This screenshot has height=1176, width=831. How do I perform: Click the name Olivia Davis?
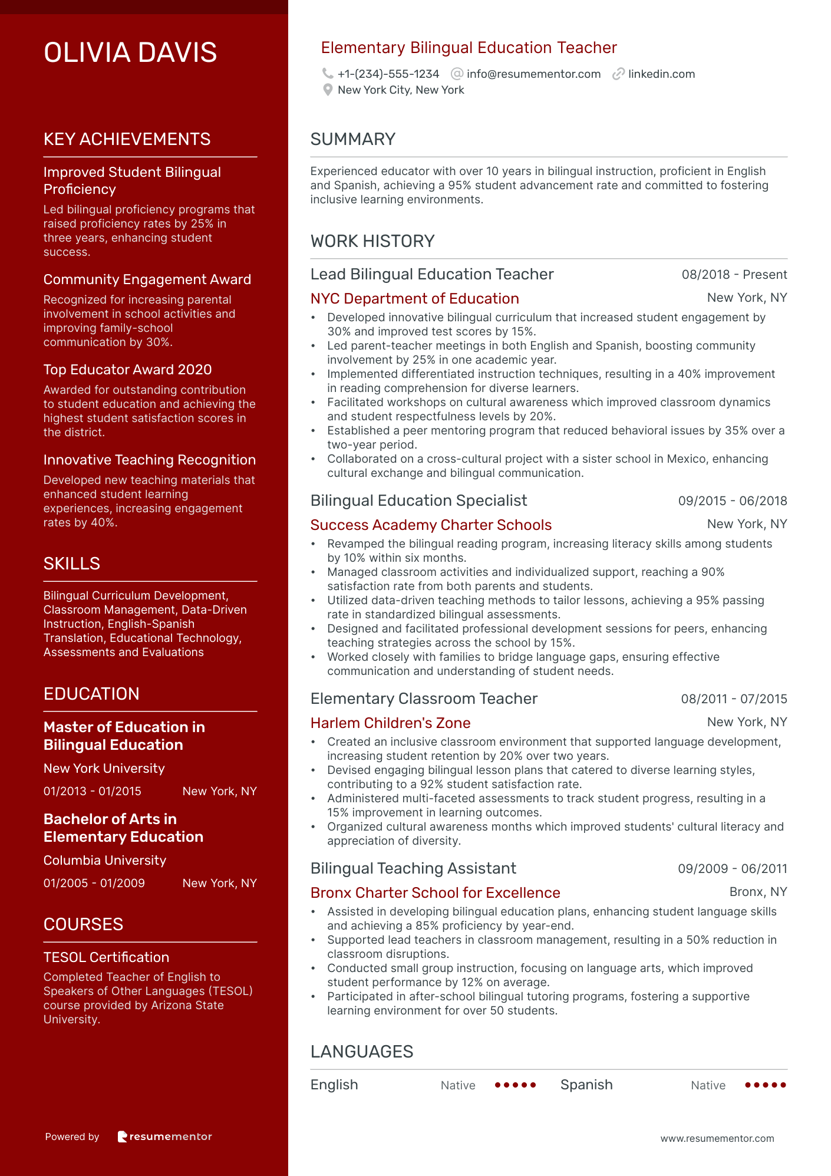tap(130, 52)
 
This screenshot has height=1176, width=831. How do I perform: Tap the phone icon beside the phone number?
tap(328, 74)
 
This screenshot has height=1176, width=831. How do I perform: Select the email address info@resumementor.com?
tap(533, 74)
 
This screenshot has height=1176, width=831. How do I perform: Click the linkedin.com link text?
tap(661, 74)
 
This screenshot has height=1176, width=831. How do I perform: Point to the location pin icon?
tap(328, 90)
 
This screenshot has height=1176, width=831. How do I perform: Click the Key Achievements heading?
tap(127, 139)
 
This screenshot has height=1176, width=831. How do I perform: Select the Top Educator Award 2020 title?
tap(127, 370)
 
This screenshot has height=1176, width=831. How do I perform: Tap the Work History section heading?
tap(372, 241)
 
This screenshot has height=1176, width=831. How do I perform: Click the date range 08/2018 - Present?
tap(734, 275)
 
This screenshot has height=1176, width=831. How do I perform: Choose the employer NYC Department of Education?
tap(414, 299)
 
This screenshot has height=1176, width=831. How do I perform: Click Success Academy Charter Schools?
tap(431, 525)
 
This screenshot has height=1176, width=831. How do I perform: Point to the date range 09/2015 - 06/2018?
tap(732, 501)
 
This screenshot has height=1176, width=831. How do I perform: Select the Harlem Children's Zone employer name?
tap(390, 723)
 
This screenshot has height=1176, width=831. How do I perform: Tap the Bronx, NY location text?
tap(758, 892)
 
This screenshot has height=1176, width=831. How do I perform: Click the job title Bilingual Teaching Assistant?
tap(413, 868)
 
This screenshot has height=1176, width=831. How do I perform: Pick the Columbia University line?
tap(105, 861)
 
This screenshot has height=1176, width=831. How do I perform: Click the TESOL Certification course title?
tap(106, 957)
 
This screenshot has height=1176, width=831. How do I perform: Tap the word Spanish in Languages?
tap(586, 1085)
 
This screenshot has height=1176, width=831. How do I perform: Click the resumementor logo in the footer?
tap(164, 1137)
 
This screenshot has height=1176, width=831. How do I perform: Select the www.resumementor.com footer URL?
tap(717, 1138)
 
